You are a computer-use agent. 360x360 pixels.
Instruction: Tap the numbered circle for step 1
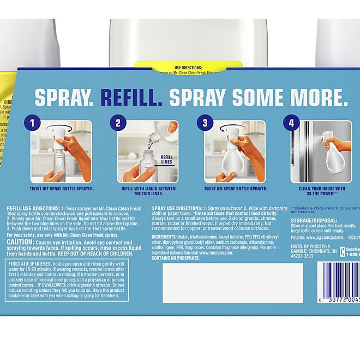pyautogui.click(x=34, y=123)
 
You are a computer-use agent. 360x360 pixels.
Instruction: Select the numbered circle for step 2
pyautogui.click(x=118, y=123)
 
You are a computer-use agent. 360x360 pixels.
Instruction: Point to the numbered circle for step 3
pyautogui.click(x=205, y=123)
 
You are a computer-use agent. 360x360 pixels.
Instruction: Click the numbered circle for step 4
pyautogui.click(x=291, y=123)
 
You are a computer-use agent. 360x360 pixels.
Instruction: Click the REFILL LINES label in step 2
pyautogui.click(x=166, y=159)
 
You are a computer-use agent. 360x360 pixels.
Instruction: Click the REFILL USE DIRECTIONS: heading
pyautogui.click(x=33, y=208)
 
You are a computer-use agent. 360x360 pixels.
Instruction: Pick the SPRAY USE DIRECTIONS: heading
pyautogui.click(x=176, y=208)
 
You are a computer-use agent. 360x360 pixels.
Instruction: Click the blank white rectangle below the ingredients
pyautogui.click(x=232, y=283)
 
